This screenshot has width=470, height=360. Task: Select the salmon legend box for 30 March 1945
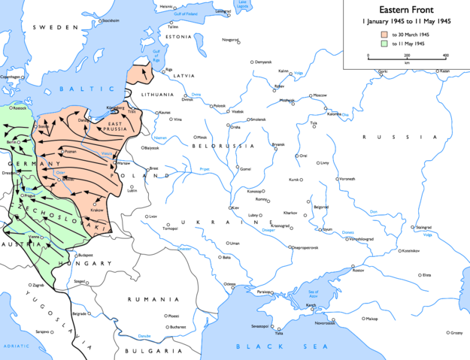pyautogui.click(x=384, y=35)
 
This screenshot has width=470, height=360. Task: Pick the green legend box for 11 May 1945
pyautogui.click(x=384, y=44)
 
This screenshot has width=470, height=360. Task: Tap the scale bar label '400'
pyautogui.click(x=445, y=56)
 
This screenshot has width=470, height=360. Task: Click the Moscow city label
pyautogui.click(x=320, y=95)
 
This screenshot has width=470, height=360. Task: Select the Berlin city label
pyautogui.click(x=11, y=141)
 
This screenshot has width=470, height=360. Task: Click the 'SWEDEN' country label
pyautogui.click(x=55, y=26)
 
